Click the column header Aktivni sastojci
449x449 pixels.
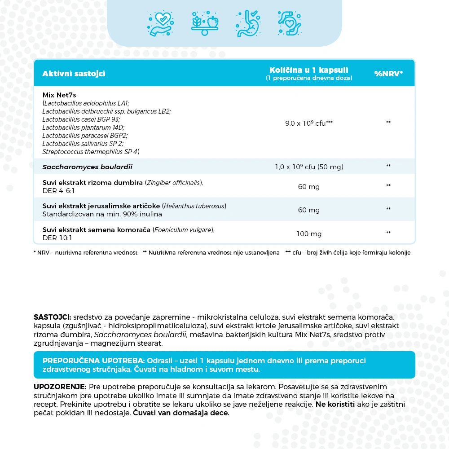(74, 74)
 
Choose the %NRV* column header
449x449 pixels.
(388, 74)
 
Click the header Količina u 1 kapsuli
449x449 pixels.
(308, 70)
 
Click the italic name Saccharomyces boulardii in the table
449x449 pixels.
(87, 167)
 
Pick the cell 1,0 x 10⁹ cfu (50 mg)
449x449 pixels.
(308, 167)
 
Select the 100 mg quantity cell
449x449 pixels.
(308, 234)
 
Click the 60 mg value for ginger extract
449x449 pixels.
(308, 187)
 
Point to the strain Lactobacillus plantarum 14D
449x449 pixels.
(83, 128)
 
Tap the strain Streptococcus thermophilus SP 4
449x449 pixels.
(90, 152)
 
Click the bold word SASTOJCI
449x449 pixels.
(52, 317)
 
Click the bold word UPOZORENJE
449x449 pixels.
(60, 387)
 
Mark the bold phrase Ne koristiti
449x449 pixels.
(335, 405)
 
